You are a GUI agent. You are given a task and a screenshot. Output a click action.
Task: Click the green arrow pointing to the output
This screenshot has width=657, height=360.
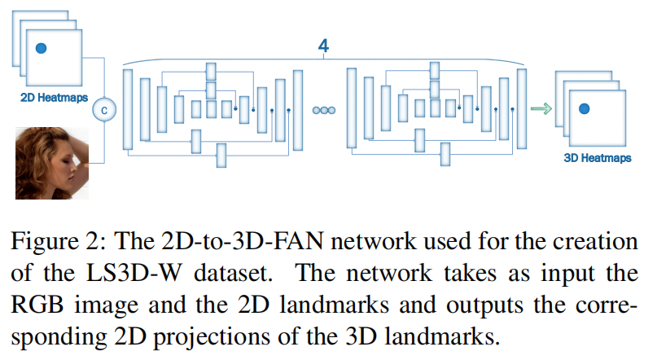pos(541,108)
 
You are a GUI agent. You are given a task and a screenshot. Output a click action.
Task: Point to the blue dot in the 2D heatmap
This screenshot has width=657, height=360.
pos(41,49)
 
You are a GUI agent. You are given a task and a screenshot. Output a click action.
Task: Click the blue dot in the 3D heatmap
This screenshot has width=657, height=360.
pos(584,108)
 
